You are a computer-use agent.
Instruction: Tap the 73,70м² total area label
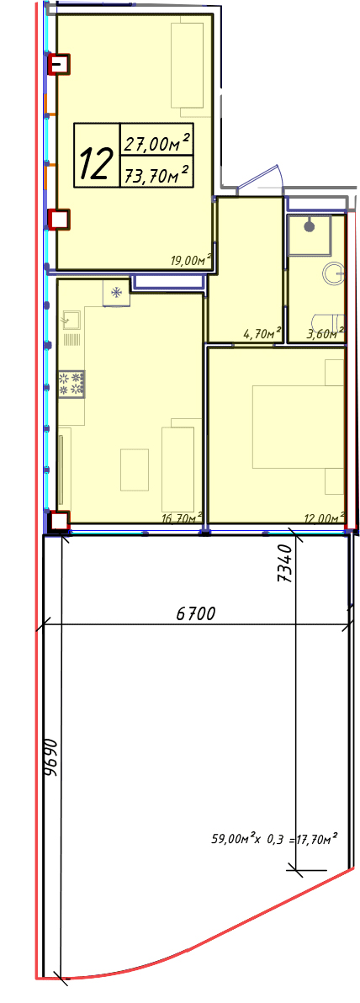click(157, 173)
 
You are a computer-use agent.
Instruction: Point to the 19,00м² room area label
click(191, 259)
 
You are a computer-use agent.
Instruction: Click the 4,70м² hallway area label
click(262, 332)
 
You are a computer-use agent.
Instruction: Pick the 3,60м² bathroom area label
click(325, 332)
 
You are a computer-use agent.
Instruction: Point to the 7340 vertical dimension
click(285, 562)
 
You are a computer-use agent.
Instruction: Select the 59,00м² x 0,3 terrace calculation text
click(274, 837)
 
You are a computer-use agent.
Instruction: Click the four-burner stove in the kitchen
click(71, 383)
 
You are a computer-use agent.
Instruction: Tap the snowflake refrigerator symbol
click(116, 293)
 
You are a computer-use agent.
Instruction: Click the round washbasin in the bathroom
click(335, 274)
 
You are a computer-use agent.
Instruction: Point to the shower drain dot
click(310, 226)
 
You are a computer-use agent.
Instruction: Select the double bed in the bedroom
click(298, 427)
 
